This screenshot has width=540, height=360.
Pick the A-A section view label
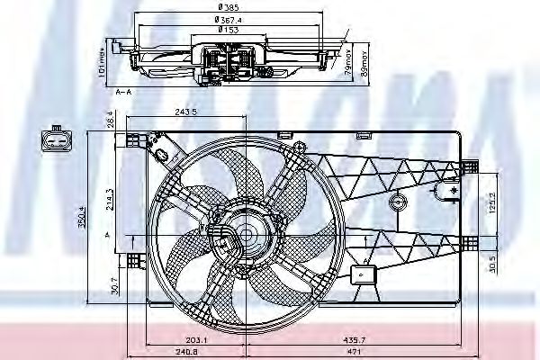125,90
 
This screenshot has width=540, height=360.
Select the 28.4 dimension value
110,121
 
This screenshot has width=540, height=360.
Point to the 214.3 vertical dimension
110,199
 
